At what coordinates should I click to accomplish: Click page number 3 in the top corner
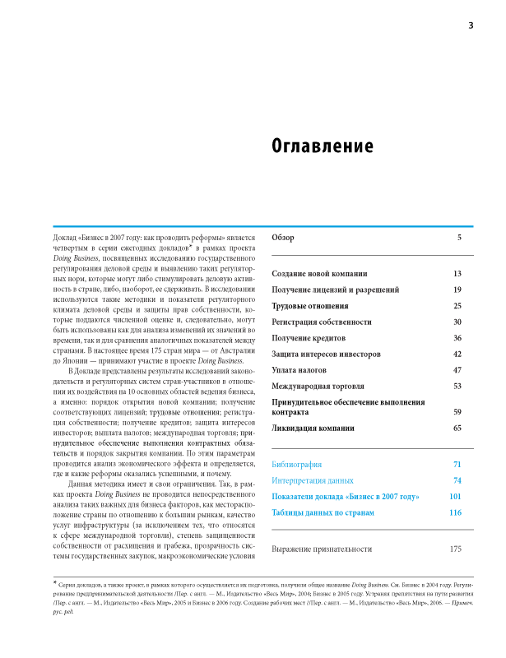[471, 25]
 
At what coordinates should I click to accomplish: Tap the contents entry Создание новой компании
[319, 273]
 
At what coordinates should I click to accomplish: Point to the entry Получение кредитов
[309, 338]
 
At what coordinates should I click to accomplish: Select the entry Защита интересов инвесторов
[327, 354]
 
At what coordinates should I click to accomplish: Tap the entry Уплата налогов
[301, 370]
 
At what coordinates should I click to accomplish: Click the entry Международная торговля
[318, 386]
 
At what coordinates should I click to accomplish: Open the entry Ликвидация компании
[313, 428]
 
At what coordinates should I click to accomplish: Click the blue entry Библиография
[297, 465]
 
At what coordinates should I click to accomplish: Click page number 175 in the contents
[455, 549]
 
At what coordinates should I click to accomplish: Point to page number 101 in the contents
[455, 497]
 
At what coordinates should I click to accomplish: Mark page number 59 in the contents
[457, 411]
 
